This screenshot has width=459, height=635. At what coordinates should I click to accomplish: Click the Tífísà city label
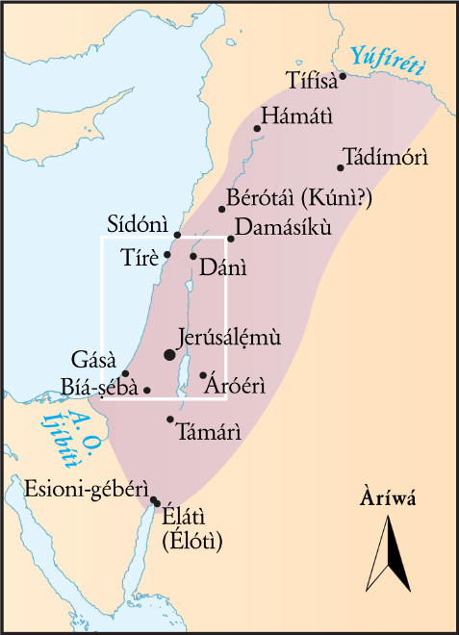pos(314,79)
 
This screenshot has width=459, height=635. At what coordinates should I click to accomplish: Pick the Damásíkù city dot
pos(231,239)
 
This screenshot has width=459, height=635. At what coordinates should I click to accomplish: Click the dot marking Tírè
pos(167,254)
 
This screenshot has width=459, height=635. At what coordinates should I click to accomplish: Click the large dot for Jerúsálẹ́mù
pos(170,355)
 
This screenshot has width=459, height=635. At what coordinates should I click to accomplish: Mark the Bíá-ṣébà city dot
pos(146,390)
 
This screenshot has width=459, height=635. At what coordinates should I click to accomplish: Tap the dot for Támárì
pos(170,419)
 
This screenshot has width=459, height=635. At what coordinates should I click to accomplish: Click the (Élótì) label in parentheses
pos(192,542)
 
